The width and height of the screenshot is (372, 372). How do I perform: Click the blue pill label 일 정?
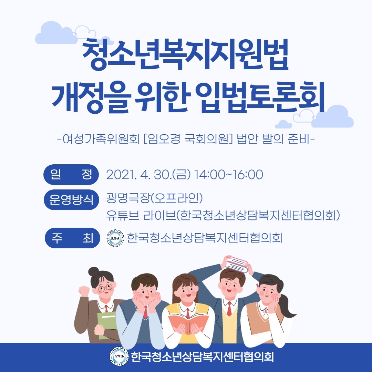pyautogui.click(x=71, y=175)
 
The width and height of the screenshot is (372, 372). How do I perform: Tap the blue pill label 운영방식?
pyautogui.click(x=71, y=199)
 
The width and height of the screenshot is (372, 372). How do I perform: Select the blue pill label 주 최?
pyautogui.click(x=72, y=238)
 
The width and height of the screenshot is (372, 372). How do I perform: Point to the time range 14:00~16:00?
pyautogui.click(x=228, y=175)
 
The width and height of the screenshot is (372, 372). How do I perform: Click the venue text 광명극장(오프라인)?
pyautogui.click(x=154, y=198)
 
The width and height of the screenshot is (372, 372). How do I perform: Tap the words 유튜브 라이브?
pyautogui.click(x=141, y=215)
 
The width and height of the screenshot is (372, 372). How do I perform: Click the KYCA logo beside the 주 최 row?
pyautogui.click(x=115, y=238)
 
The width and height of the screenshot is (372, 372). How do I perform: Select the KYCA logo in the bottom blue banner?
pyautogui.click(x=119, y=356)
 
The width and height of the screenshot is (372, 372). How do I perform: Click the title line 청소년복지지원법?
pyautogui.click(x=185, y=54)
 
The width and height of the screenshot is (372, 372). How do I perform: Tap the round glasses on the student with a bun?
pyautogui.click(x=106, y=288)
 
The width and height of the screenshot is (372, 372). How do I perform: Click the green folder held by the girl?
pyautogui.click(x=107, y=325)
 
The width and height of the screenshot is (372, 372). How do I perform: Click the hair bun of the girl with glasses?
pyautogui.click(x=94, y=272)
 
